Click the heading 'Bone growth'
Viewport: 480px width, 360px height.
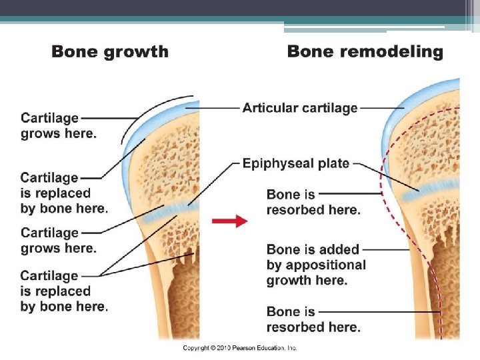pos(110,51)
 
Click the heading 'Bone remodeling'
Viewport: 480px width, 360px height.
pos(365,51)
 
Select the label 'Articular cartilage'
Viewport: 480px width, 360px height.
pos(300,107)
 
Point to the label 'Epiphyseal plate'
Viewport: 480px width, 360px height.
pos(295,163)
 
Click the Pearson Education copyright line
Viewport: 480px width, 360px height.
pos(240,348)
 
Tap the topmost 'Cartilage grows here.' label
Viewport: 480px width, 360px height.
pos(58,125)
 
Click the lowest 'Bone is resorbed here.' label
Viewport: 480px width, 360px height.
pos(313,319)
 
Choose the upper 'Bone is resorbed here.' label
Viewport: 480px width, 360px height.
pos(313,202)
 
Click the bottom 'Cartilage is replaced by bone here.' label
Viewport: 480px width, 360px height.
pos(63,291)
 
